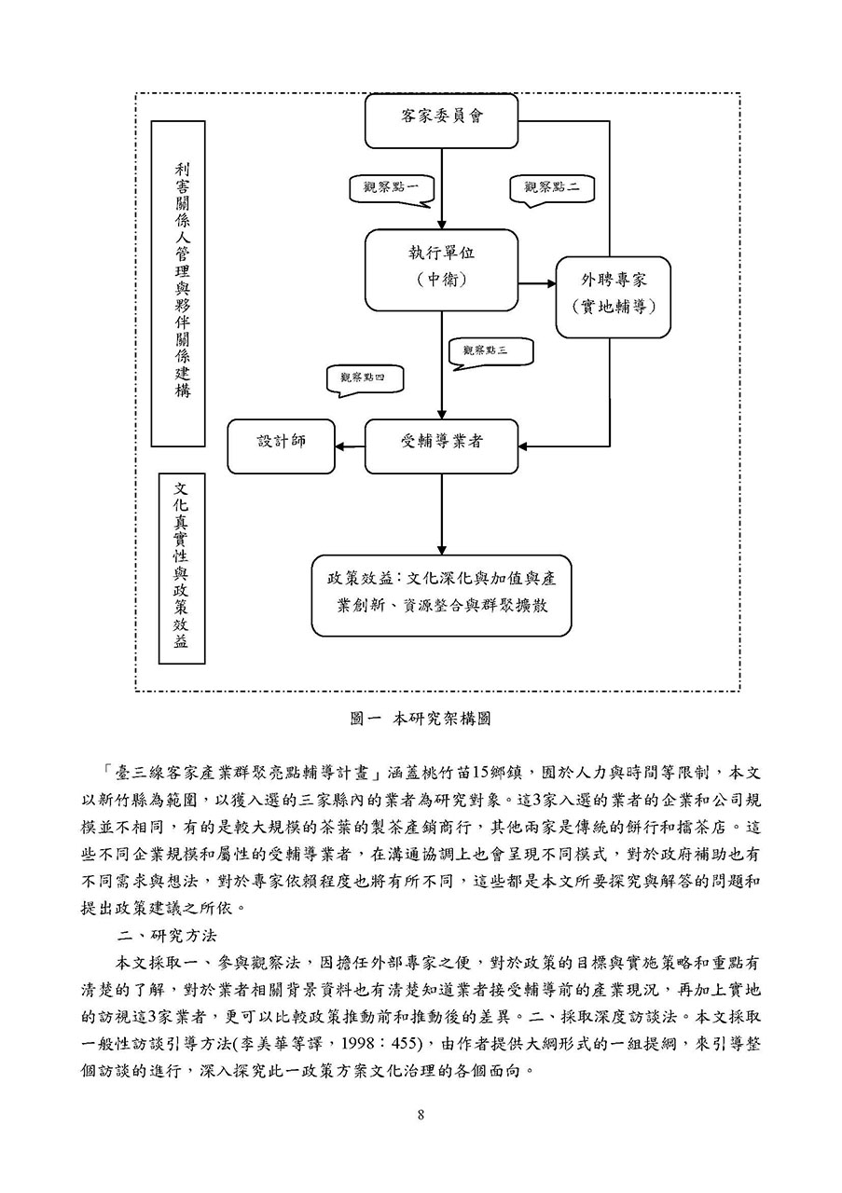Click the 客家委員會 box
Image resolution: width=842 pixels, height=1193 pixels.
point(441,121)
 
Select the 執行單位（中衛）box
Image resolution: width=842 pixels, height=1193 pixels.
point(441,270)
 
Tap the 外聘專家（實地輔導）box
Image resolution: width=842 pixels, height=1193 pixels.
point(613,297)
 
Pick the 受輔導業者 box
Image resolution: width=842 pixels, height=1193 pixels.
point(441,446)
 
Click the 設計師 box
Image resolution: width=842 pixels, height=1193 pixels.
point(282,446)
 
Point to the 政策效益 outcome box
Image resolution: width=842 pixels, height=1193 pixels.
point(441,596)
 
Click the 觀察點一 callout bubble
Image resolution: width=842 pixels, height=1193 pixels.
point(391,189)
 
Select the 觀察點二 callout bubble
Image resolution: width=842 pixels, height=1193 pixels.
point(552,189)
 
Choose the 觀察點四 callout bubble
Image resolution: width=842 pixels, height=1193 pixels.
point(364,379)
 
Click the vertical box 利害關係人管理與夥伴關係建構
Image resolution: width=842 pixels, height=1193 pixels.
point(178,283)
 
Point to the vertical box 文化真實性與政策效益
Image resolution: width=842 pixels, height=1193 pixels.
point(182,569)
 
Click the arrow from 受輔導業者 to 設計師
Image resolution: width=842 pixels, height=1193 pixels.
point(350,446)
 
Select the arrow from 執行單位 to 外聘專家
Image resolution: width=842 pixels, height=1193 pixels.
point(537,284)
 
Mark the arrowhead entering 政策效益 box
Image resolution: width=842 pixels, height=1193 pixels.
point(441,550)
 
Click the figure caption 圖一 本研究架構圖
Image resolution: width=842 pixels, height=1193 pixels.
point(421,719)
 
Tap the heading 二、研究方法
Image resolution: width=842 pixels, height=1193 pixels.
point(167,936)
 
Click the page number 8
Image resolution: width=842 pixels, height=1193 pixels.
point(421,1115)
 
